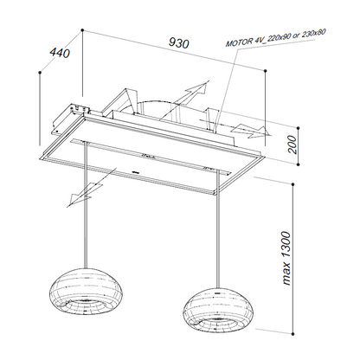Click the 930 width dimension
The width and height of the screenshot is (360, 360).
179,43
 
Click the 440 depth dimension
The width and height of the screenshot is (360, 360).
60,53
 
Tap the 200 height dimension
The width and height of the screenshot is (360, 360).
292,145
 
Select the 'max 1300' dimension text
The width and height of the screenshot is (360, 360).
286,258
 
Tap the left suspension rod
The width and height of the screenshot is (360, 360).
85,205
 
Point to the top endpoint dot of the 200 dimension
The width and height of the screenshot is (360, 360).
299,128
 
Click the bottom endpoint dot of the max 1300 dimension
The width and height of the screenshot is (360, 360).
293,333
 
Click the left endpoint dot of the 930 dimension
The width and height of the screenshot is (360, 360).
82,29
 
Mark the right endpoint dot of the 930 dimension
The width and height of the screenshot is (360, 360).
265,70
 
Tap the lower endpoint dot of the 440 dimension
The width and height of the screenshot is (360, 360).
40,72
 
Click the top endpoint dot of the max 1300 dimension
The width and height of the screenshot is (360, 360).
293,184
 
